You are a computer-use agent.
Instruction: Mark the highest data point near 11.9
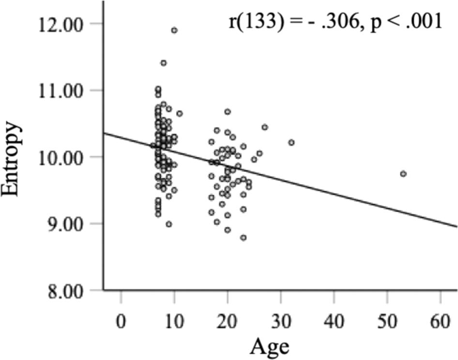pyautogui.click(x=174, y=30)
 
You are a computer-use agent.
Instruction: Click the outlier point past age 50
pyautogui.click(x=403, y=173)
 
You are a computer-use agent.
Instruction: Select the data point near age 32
pyautogui.click(x=291, y=142)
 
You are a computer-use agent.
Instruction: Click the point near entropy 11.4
pyautogui.click(x=164, y=63)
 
